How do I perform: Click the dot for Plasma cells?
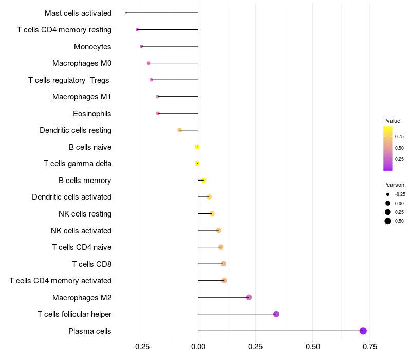pos(363,331)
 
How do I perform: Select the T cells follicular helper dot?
pos(276,314)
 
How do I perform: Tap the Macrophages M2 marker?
pos(249,297)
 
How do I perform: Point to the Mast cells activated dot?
pos(126,13)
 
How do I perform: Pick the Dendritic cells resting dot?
pos(179,130)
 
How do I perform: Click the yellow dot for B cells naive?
pos(197,147)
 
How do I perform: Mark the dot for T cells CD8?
pos(223,264)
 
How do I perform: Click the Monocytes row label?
pos(92,47)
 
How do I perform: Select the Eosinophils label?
pos(92,114)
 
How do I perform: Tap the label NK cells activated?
pos(81,231)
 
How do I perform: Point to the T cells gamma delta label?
pos(78,164)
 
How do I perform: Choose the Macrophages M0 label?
pos(82,63)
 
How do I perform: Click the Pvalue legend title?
pos(391,121)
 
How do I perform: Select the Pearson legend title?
pos(394,185)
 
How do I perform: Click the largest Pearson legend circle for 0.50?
pos(388,221)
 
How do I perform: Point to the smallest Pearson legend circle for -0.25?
pos(388,194)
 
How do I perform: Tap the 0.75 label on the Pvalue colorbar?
pos(399,136)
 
